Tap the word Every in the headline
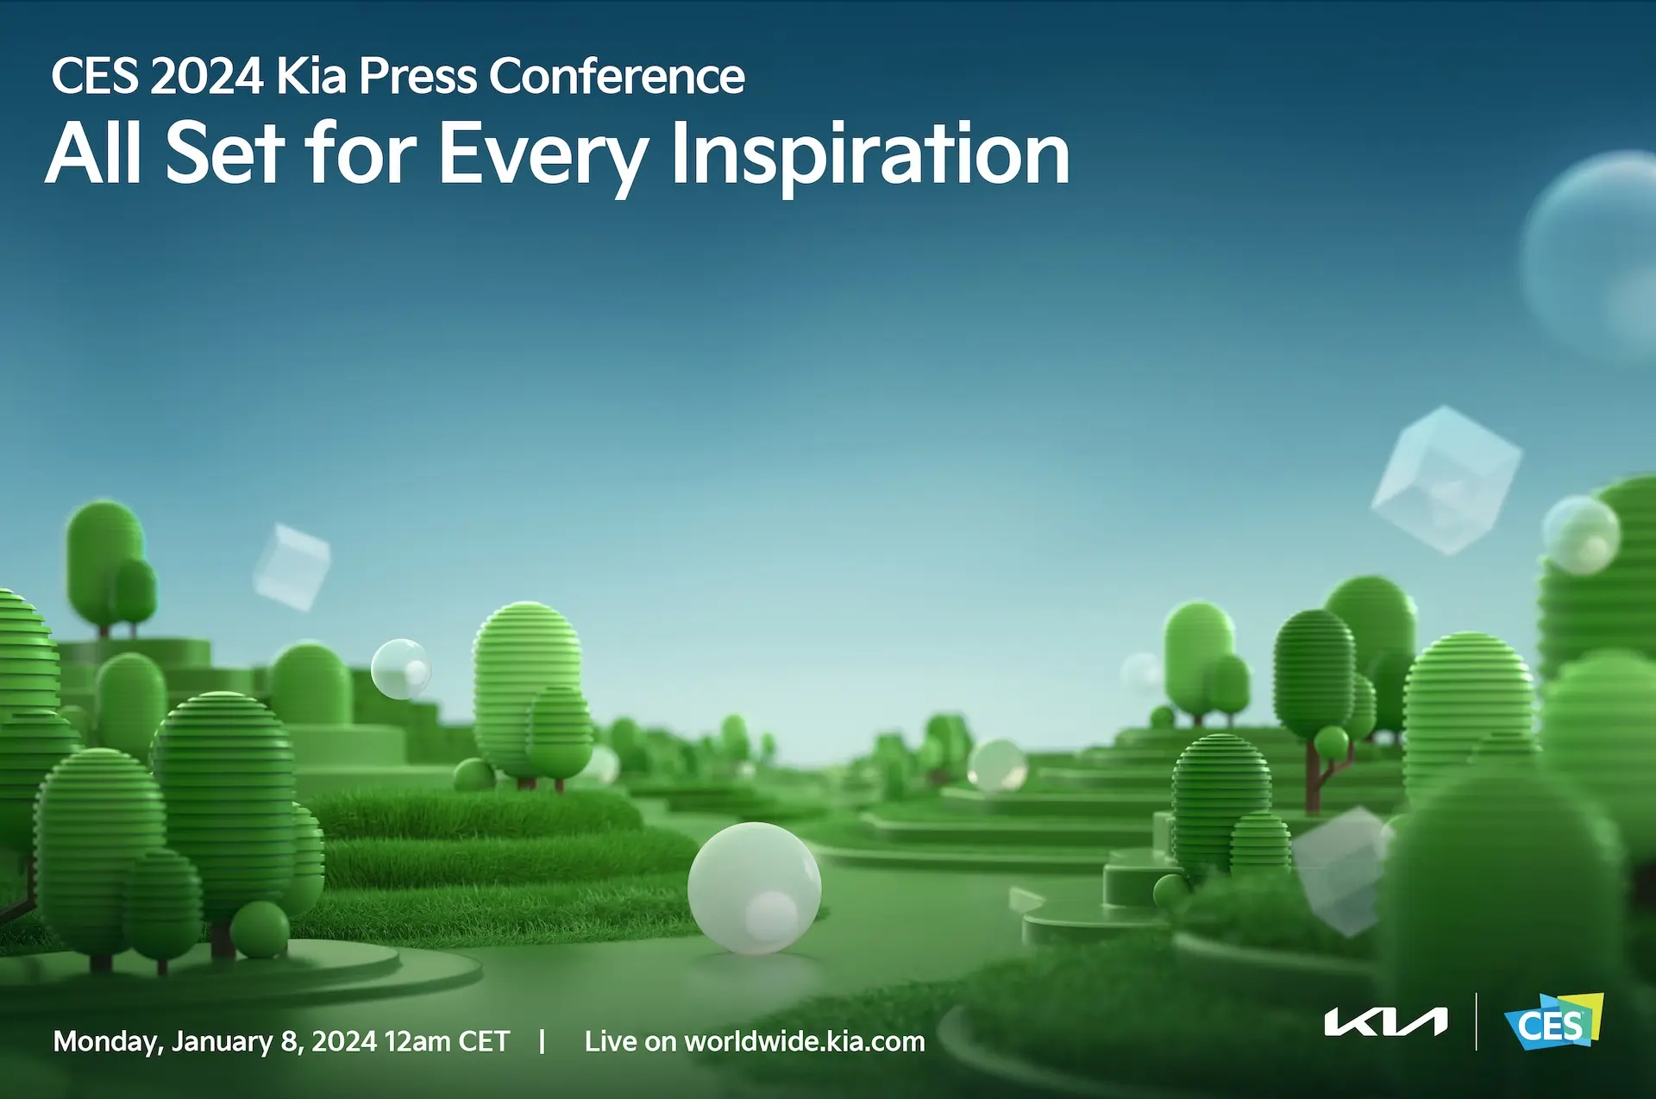point(545,155)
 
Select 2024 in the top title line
point(206,76)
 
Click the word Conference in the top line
point(617,76)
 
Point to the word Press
point(417,76)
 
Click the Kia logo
point(1386,1022)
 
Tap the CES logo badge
point(1553,1022)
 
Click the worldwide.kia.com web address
point(805,1041)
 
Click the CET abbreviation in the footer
point(485,1041)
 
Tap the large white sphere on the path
point(754,888)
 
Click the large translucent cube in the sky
point(1446,480)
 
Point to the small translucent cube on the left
point(292,567)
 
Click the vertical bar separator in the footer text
point(542,1041)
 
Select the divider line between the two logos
point(1476,1021)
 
